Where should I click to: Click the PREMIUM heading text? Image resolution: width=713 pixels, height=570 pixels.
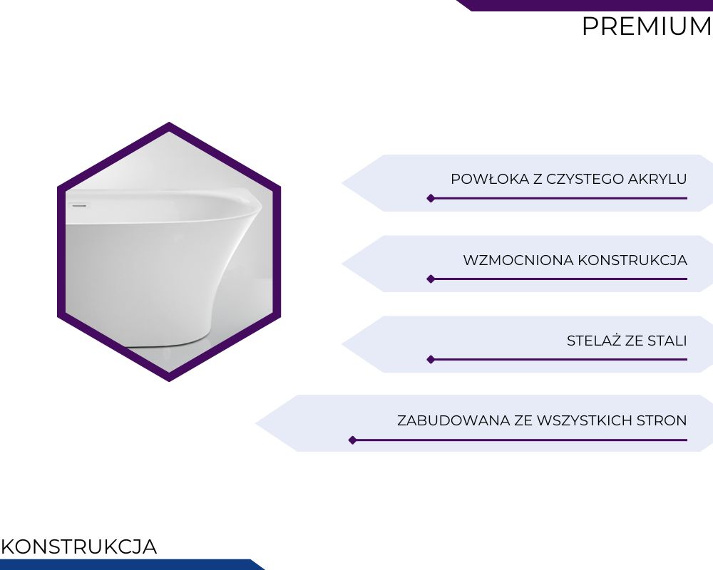(x=647, y=26)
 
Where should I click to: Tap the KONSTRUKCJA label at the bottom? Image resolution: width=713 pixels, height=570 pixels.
(x=79, y=546)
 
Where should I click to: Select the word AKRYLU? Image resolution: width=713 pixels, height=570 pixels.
(x=657, y=179)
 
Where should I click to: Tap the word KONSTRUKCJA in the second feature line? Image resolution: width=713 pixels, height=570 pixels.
(x=632, y=261)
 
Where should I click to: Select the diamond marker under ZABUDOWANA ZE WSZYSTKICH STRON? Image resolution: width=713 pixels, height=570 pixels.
(x=352, y=440)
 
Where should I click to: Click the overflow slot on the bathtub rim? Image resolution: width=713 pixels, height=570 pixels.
(x=79, y=206)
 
